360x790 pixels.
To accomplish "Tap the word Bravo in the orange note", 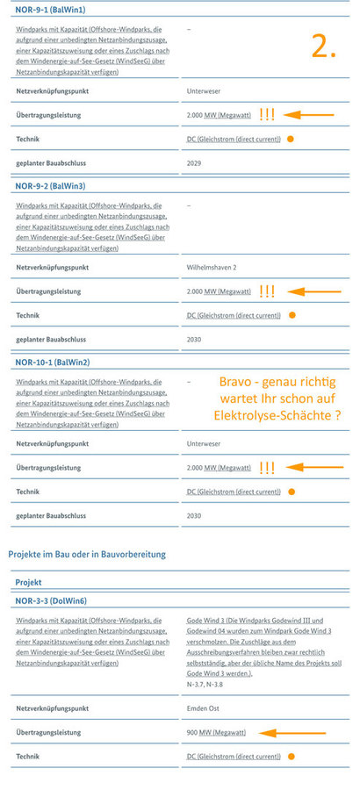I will coord(241,380).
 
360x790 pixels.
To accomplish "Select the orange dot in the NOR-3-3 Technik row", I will coord(291,756).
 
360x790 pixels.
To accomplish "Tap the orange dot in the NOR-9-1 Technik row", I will coord(291,140).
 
